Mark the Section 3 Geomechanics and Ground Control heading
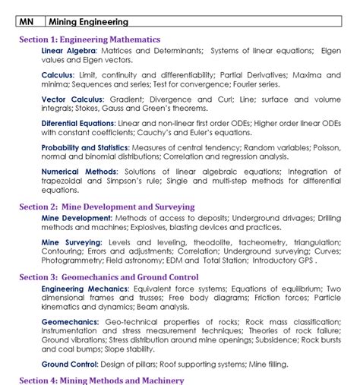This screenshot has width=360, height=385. click(x=109, y=277)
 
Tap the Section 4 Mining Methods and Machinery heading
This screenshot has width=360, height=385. click(x=101, y=380)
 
